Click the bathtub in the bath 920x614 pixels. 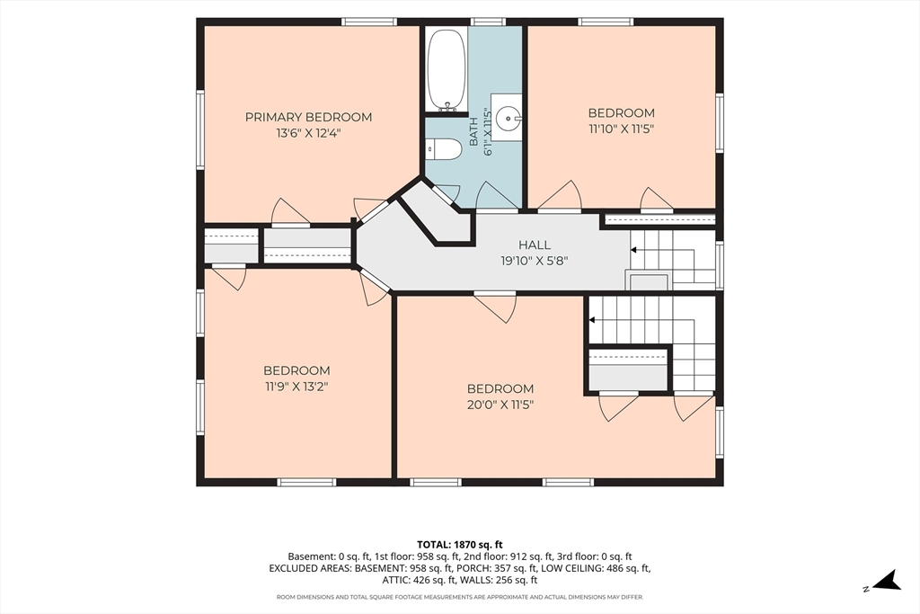[x=447, y=70]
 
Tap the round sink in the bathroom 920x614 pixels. [x=508, y=119]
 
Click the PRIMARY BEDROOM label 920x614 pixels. [x=309, y=118]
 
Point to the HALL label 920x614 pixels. [x=535, y=245]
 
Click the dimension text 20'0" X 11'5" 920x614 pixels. [x=500, y=405]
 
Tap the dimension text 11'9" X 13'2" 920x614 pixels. [x=296, y=387]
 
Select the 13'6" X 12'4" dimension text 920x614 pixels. [x=309, y=133]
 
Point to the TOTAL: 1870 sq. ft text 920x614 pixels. [x=460, y=545]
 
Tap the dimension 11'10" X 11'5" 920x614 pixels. [x=622, y=129]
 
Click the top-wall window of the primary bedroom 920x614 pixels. [x=369, y=22]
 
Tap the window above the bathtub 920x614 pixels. [x=489, y=22]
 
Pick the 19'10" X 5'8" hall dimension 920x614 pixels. [x=535, y=261]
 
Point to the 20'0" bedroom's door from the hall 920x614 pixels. [x=495, y=307]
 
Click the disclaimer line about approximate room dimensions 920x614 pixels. [x=460, y=597]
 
